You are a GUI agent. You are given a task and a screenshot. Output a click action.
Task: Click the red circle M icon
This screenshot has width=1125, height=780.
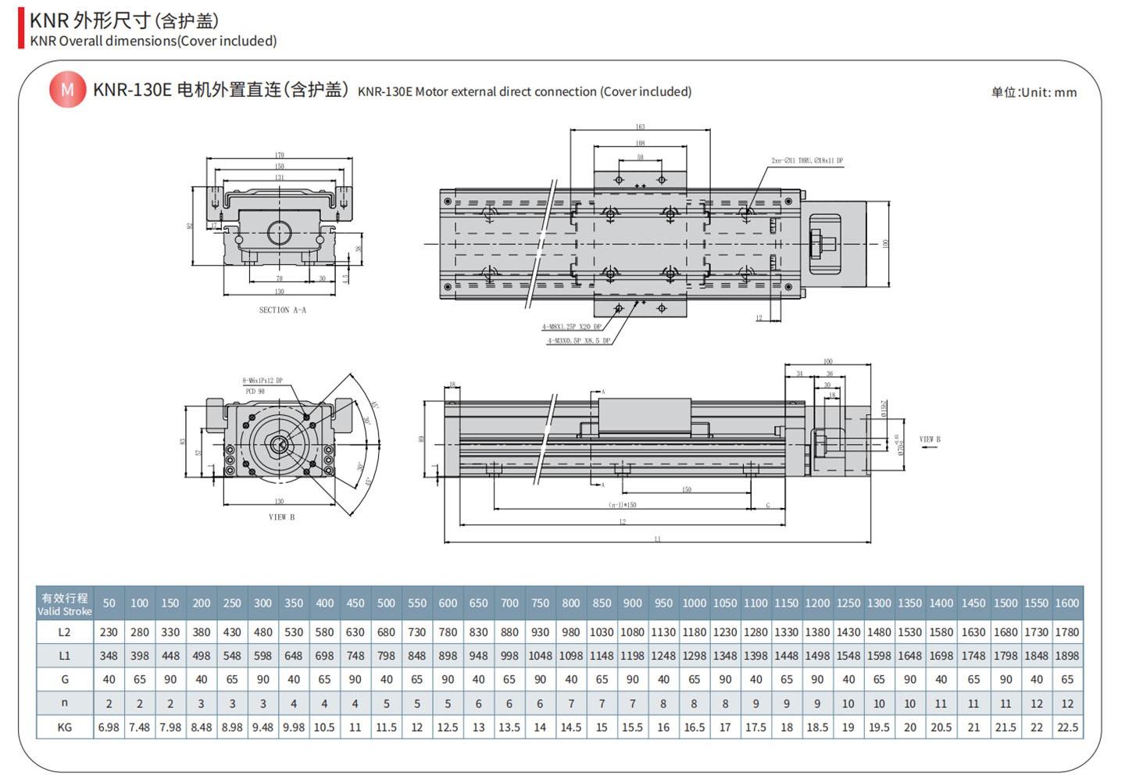67,90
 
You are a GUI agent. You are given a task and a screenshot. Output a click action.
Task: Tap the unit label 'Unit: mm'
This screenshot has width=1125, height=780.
1034,92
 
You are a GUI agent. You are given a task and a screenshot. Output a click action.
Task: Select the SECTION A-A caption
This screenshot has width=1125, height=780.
282,310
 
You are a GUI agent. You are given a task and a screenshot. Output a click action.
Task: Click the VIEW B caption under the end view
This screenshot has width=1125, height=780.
281,517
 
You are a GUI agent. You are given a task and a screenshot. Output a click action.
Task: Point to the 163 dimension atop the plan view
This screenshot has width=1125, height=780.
640,127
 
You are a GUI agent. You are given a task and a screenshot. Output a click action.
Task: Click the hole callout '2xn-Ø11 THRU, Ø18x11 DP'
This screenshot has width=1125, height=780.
807,161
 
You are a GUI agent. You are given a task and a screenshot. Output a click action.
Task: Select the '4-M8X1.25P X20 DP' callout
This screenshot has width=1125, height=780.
572,327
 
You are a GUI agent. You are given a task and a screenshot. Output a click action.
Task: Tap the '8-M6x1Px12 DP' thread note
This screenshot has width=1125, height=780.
262,381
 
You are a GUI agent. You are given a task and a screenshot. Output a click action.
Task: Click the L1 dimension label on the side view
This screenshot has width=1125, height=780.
657,538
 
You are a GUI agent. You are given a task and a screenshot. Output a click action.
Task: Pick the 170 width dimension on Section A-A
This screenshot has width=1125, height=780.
279,156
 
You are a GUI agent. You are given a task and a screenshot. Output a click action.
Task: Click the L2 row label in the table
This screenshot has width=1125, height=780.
64,632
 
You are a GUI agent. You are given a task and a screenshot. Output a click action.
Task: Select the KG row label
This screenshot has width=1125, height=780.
64,728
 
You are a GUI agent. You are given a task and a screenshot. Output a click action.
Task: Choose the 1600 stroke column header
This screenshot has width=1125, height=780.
1066,603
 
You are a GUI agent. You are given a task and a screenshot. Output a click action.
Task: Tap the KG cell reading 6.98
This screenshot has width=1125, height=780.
109,728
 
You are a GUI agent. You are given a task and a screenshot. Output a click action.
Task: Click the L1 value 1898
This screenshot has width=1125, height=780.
1066,656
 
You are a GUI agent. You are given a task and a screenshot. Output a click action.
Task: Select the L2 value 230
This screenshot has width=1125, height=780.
109,632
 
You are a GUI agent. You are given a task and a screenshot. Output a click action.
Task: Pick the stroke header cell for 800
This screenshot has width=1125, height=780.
571,603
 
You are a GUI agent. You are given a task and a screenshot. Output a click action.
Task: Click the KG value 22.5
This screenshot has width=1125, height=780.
1066,728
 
